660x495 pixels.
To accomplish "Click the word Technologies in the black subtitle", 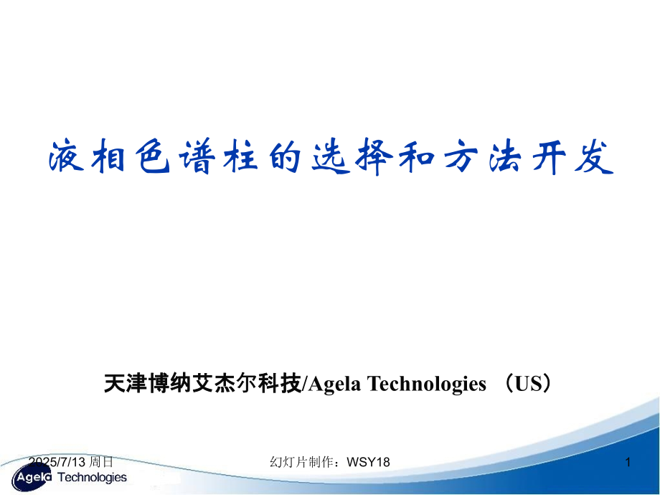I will tap(426, 385).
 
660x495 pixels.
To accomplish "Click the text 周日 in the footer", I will tap(100, 463).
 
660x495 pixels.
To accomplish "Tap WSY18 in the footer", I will tap(368, 463).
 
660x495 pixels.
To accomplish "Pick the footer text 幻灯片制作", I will tap(301, 463).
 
